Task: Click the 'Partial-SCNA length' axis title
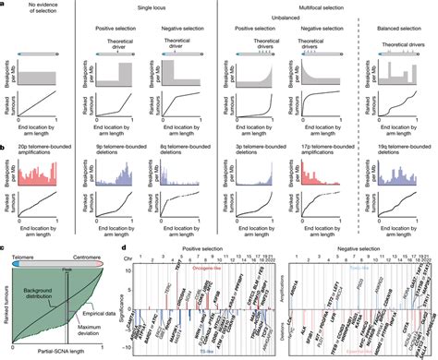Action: tap(64, 354)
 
